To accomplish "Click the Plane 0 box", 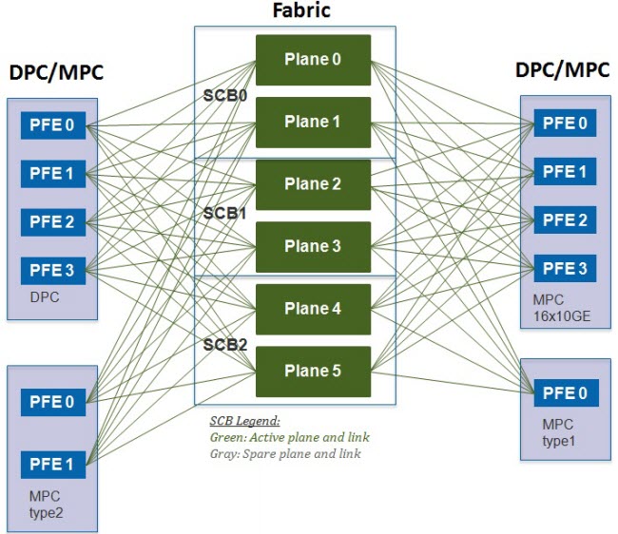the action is [x=314, y=60].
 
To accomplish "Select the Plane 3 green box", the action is [x=314, y=247].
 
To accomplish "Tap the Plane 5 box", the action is [x=314, y=372].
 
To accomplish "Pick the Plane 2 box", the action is [x=314, y=184].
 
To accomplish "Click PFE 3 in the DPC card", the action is [x=53, y=271].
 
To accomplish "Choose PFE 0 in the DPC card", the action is [x=53, y=125].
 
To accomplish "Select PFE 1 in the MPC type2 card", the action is [x=53, y=465].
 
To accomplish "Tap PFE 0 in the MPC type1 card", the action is [x=567, y=393].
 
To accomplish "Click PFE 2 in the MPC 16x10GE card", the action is [x=565, y=220].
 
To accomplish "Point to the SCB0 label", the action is [x=225, y=96].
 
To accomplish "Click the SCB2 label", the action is [x=225, y=345].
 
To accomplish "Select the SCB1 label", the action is [x=224, y=214].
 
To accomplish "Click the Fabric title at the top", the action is [x=301, y=10].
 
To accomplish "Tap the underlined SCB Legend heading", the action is [x=244, y=421].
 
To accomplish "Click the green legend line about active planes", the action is [x=290, y=437].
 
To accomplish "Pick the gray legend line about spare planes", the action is [x=285, y=454].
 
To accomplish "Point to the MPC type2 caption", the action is [x=46, y=505].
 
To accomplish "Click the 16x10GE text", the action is [x=562, y=316].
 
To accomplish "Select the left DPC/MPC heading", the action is [x=56, y=72].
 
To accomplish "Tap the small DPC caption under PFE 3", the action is [x=45, y=296].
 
